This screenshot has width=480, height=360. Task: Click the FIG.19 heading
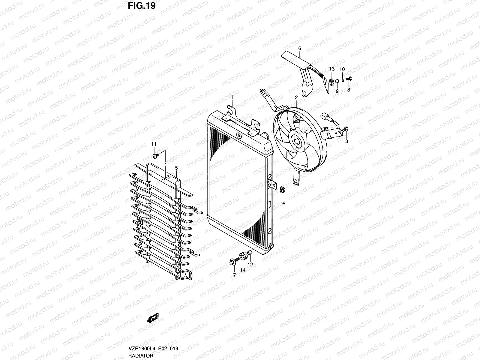tap(142, 6)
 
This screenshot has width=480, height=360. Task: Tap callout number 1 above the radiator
tap(232, 97)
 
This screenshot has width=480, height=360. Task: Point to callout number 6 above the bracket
tap(299, 48)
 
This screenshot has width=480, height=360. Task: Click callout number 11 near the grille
tap(154, 144)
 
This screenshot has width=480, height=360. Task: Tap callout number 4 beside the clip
tap(283, 203)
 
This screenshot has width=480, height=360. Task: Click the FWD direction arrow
tap(152, 319)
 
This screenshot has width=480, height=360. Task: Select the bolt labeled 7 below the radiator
tap(233, 261)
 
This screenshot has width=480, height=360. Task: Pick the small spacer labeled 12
tap(250, 254)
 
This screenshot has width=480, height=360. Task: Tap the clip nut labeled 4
tap(283, 190)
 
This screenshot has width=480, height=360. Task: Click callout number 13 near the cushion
tap(331, 69)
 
